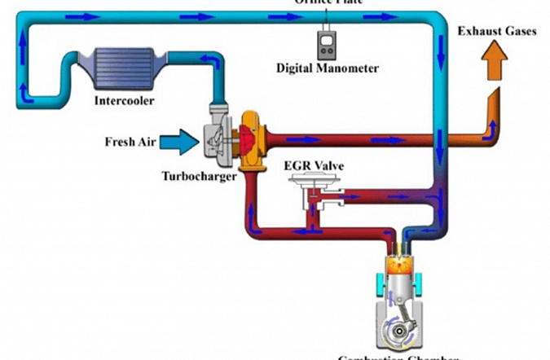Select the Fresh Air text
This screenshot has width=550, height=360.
pos(130,142)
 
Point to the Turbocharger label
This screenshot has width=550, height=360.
pos(199,174)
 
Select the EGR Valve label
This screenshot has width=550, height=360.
pos(314,165)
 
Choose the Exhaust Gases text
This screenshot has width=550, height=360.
pos(495,32)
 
